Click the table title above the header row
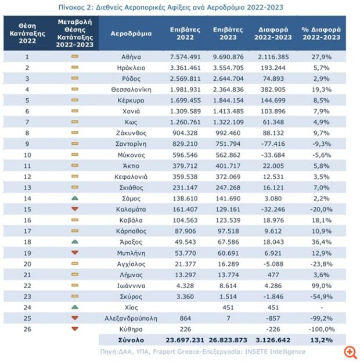coord(171,8)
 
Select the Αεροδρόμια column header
coord(131,34)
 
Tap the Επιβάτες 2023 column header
coord(228,34)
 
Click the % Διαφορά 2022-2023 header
coord(322,34)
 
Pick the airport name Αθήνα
coord(131,57)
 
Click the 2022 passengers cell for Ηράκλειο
coord(185,68)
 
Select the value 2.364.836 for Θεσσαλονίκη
coord(228,89)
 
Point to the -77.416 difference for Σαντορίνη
coord(273,144)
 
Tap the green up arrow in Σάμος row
coord(75,198)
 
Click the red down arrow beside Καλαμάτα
coord(75,209)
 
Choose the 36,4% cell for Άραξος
coord(322,242)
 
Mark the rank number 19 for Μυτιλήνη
coord(27,253)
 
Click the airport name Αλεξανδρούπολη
coord(131,318)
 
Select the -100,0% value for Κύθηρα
coord(322,329)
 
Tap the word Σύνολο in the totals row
coord(131,340)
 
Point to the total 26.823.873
coord(228,340)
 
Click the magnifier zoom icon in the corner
coord(350,353)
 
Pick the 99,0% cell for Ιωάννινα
coord(322,285)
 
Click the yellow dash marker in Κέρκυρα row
coord(75,100)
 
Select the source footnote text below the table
coord(203,352)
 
